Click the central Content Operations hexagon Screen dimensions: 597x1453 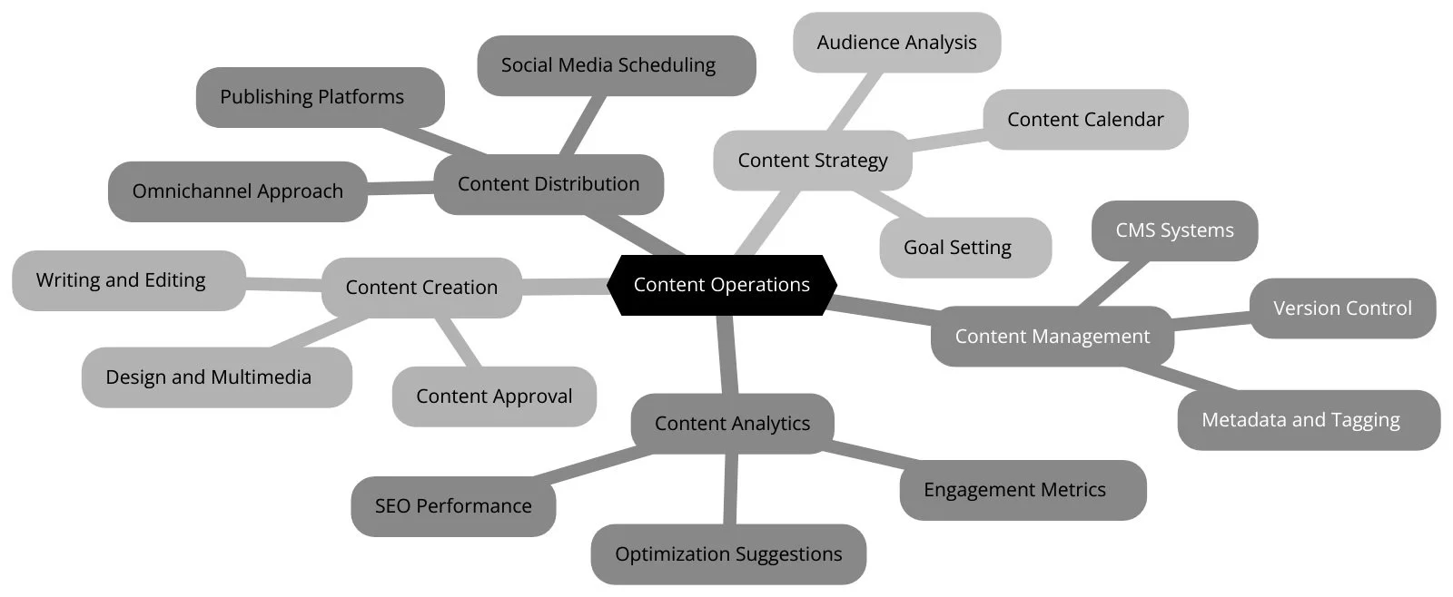coord(722,285)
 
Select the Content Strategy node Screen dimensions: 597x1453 coord(812,161)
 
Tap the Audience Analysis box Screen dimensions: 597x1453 coord(896,43)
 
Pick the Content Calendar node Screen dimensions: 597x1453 coord(1085,120)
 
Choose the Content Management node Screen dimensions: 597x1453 coord(1052,337)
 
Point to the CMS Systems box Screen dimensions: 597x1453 coord(1174,230)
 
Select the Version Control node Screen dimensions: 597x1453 coord(1342,308)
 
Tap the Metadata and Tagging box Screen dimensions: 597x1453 coord(1308,420)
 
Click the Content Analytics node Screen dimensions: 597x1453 coord(732,424)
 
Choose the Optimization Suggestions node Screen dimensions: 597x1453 coord(728,554)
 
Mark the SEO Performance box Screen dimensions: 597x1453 coord(453,506)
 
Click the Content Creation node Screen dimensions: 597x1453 coord(421,288)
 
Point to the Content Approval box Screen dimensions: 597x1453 coord(494,396)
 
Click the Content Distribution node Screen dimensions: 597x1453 coord(549,184)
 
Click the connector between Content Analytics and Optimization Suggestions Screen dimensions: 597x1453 coord(730,490)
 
